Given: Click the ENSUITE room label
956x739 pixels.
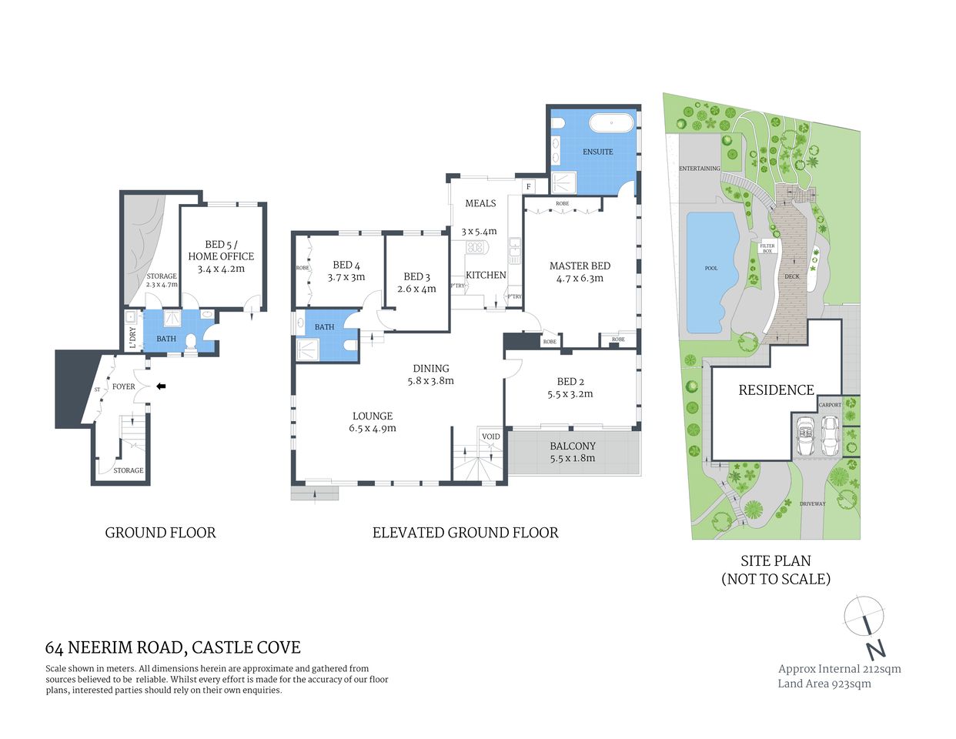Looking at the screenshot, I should pos(597,152).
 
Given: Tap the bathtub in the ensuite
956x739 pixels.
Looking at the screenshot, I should pos(611,123).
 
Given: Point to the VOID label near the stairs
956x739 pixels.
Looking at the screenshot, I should pos(490,436).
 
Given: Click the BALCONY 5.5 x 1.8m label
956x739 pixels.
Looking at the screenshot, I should pos(572,452).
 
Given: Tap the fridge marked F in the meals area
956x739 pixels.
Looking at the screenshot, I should pos(529,186).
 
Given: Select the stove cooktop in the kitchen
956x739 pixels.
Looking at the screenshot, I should pos(476,247).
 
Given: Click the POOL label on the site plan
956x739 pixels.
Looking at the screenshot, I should pos(711,269).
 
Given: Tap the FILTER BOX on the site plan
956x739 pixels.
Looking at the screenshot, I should pos(767,248).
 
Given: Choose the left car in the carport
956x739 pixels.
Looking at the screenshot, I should pos(806,436).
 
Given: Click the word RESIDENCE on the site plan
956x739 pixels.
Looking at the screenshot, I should pos(776,390).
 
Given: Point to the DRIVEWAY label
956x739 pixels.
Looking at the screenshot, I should pos(812,504).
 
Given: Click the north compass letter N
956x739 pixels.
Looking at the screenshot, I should pos(875,650).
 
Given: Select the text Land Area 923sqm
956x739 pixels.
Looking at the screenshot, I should pos(824,684).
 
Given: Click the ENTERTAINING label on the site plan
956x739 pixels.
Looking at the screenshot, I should pos(700,169).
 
